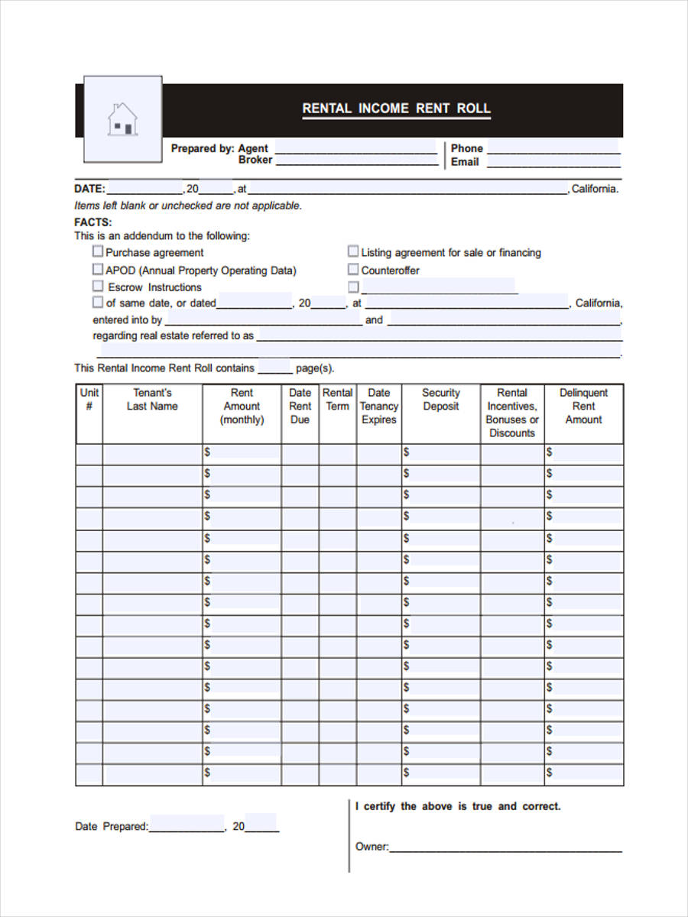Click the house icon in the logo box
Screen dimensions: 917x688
(x=122, y=120)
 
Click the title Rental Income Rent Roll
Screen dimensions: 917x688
(x=396, y=109)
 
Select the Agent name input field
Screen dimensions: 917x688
(x=355, y=147)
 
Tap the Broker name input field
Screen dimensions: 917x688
(x=356, y=160)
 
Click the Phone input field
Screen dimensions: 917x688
(x=553, y=147)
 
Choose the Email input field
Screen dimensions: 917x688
(x=553, y=161)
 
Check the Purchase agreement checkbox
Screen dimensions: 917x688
(x=98, y=251)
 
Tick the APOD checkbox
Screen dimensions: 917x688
(x=98, y=269)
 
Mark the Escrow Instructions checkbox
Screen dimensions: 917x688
(x=98, y=286)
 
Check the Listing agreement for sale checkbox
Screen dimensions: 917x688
(x=353, y=251)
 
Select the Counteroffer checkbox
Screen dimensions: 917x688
(x=353, y=269)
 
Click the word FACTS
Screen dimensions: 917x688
(x=93, y=222)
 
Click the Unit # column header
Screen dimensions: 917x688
(x=89, y=400)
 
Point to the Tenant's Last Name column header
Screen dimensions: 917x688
(x=152, y=400)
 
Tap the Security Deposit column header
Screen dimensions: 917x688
(x=441, y=400)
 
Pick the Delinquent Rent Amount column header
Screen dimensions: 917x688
(x=583, y=406)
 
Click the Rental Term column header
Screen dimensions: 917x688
(x=337, y=400)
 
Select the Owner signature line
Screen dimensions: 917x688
(x=505, y=847)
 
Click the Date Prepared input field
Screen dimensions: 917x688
(x=187, y=825)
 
